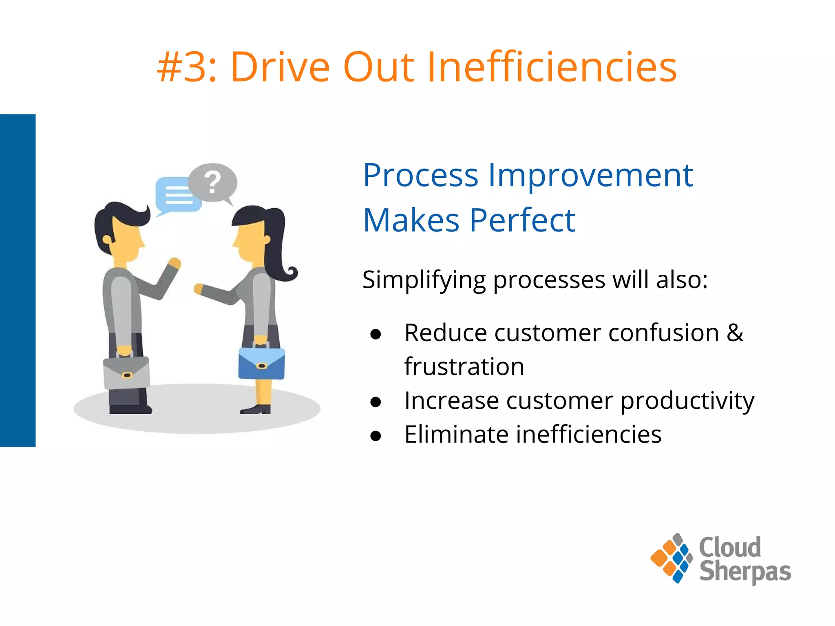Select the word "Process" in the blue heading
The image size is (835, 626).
pyautogui.click(x=420, y=176)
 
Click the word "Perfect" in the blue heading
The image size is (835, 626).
pyautogui.click(x=522, y=221)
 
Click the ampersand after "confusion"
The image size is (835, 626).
pyautogui.click(x=735, y=333)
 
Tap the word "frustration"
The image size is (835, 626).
pyautogui.click(x=464, y=367)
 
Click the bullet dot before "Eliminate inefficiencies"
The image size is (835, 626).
pyautogui.click(x=376, y=436)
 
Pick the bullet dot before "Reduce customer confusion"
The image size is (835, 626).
pyautogui.click(x=376, y=334)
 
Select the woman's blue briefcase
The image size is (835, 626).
pyautogui.click(x=261, y=364)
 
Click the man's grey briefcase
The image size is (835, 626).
pyautogui.click(x=126, y=373)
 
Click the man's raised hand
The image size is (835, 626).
pyautogui.click(x=175, y=263)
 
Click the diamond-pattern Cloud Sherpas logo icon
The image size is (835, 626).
pyautogui.click(x=672, y=558)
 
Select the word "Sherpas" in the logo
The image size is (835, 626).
pyautogui.click(x=745, y=572)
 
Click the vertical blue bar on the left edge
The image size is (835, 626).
pyautogui.click(x=18, y=280)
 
